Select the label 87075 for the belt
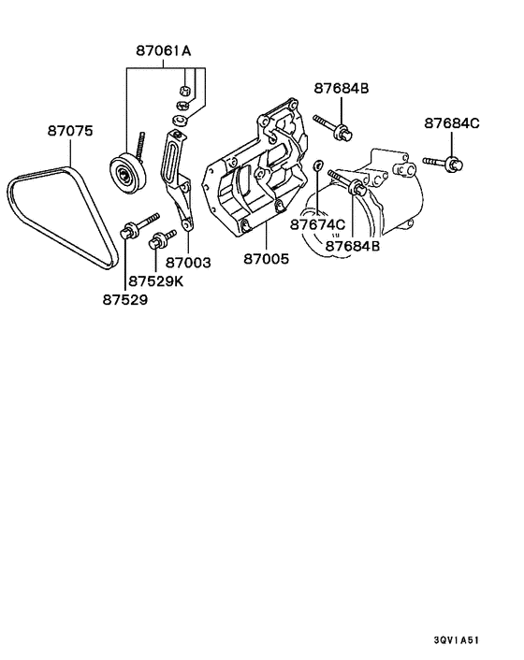70,132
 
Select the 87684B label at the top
342,88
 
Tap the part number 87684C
452,123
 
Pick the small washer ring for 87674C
318,166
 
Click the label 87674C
317,224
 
